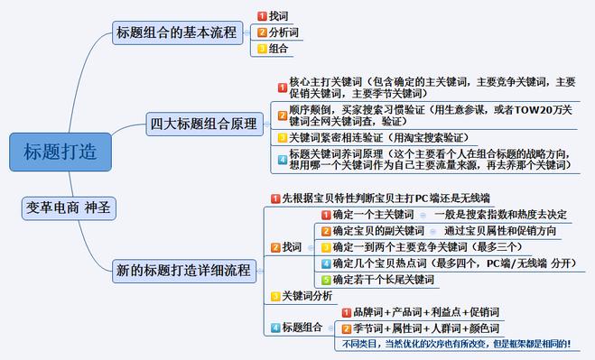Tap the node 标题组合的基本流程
click(x=175, y=33)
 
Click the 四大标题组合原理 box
click(x=203, y=125)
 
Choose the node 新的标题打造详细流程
click(x=185, y=269)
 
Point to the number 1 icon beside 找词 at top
click(x=262, y=16)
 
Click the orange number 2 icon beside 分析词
click(x=262, y=32)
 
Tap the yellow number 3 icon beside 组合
click(x=262, y=49)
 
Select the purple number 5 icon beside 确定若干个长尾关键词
click(x=327, y=280)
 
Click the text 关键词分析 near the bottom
click(x=307, y=296)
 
